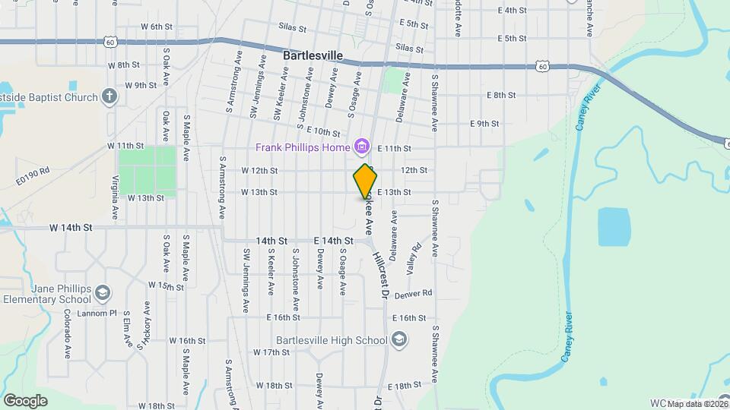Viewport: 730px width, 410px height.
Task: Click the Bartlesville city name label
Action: point(313,56)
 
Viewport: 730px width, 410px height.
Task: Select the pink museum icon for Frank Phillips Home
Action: point(362,147)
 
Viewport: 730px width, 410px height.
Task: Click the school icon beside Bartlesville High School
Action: point(399,340)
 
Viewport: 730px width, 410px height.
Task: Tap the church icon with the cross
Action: point(110,96)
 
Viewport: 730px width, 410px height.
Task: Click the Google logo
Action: point(25,400)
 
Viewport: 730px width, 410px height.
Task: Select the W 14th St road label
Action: point(71,227)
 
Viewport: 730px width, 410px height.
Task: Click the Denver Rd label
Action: point(413,293)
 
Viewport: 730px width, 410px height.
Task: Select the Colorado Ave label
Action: point(68,333)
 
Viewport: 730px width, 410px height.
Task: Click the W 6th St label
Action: point(157,27)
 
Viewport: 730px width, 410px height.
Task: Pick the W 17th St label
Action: point(271,352)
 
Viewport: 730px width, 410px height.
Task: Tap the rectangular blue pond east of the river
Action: point(615,227)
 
